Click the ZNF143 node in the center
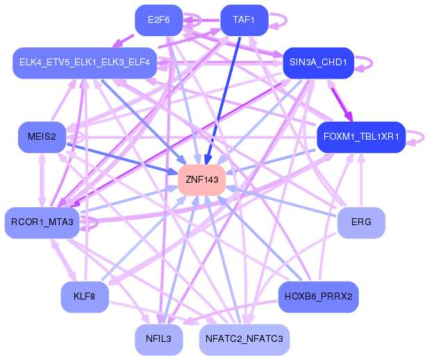click(201, 180)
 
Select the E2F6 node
click(159, 20)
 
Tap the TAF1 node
click(244, 20)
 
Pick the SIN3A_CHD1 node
click(319, 63)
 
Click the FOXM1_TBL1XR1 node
click(361, 137)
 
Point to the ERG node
click(361, 222)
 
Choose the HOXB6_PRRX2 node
click(319, 297)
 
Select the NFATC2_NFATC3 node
click(244, 340)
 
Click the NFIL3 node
click(159, 340)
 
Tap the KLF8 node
click(85, 297)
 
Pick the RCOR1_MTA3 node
click(42, 222)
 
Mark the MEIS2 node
click(42, 137)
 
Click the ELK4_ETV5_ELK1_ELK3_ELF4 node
click(85, 63)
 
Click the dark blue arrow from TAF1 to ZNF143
click(224, 101)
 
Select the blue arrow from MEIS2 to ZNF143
click(122, 159)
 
